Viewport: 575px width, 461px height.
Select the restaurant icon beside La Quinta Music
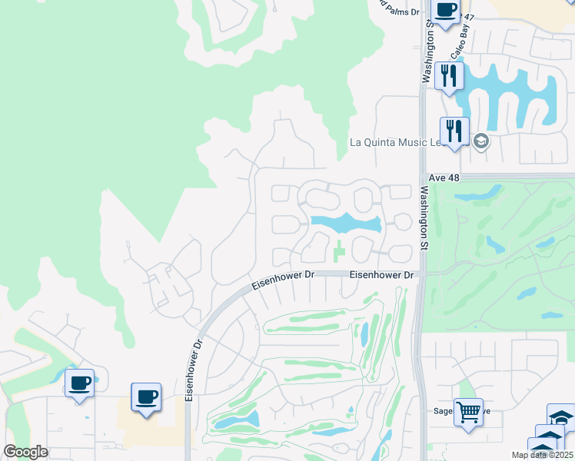point(454,131)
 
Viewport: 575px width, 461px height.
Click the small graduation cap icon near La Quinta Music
point(481,141)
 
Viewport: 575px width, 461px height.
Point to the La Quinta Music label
point(396,142)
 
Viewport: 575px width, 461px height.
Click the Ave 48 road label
point(443,176)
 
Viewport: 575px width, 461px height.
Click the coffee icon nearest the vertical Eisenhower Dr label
point(146,397)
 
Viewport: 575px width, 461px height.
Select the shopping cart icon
point(467,411)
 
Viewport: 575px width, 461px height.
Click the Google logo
point(25,453)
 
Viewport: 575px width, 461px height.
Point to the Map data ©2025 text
point(542,455)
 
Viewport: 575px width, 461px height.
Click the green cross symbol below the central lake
point(339,250)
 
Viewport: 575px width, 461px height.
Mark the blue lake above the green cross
point(345,223)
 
